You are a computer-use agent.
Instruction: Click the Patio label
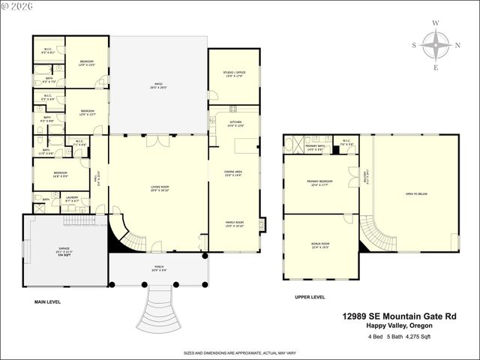point(158,85)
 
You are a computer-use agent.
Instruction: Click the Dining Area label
point(234,173)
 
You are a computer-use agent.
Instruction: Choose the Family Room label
point(234,223)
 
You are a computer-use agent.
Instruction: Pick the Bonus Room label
point(320,244)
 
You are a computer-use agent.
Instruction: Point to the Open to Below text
point(416,193)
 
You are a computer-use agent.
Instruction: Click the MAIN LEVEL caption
point(47,301)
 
